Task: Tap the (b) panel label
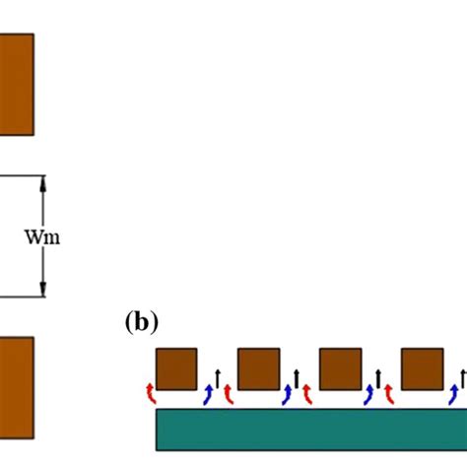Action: [140, 321]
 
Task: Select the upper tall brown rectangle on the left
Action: [16, 84]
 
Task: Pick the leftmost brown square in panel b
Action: [177, 368]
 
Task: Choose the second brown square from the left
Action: [259, 368]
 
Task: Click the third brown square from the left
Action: [341, 368]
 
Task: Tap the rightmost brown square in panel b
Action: [422, 368]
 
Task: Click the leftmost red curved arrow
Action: [150, 392]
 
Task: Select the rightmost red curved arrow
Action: [391, 394]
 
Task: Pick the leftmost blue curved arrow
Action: [207, 394]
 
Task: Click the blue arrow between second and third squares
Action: [289, 394]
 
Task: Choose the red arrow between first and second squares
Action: [229, 394]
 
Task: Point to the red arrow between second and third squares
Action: [310, 394]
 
